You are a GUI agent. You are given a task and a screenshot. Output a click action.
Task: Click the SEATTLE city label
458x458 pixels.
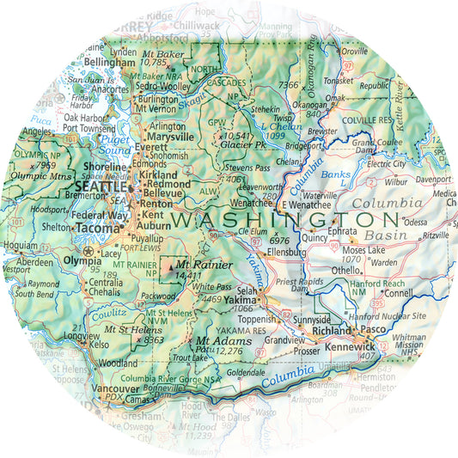(x=100, y=186)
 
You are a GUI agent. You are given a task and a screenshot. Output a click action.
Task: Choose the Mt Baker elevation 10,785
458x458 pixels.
(x=154, y=63)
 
